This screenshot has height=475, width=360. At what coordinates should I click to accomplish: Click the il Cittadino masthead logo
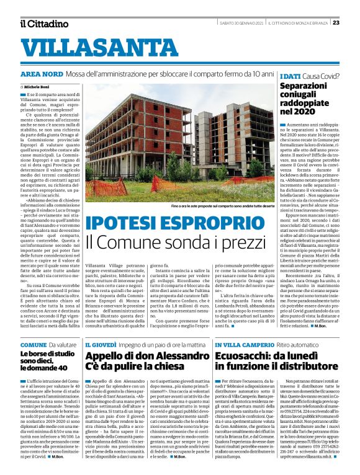43,24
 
